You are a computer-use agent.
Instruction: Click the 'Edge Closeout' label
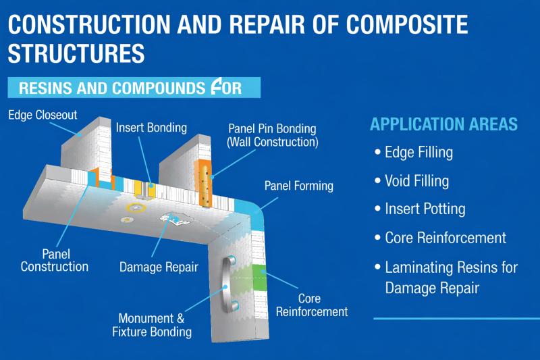[43, 114]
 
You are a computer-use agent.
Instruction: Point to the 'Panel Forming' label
[298, 185]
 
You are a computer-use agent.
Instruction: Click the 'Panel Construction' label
[54, 260]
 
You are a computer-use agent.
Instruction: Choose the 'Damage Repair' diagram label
[159, 267]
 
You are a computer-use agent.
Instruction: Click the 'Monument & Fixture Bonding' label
[155, 324]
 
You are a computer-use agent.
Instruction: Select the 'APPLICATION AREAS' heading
[443, 124]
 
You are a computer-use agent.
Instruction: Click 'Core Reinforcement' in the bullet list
[445, 238]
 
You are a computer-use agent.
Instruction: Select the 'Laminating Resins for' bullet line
[451, 267]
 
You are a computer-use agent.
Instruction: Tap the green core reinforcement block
[260, 277]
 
